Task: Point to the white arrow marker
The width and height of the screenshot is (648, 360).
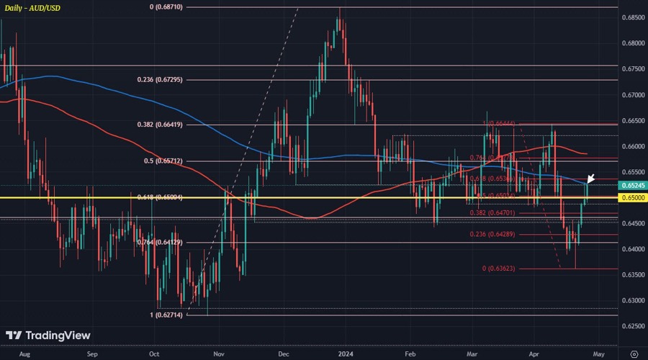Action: point(590,179)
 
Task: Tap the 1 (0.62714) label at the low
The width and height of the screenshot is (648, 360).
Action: point(166,315)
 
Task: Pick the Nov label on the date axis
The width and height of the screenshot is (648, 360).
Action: point(220,354)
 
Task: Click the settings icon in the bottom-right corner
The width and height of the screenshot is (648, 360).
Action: point(633,354)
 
